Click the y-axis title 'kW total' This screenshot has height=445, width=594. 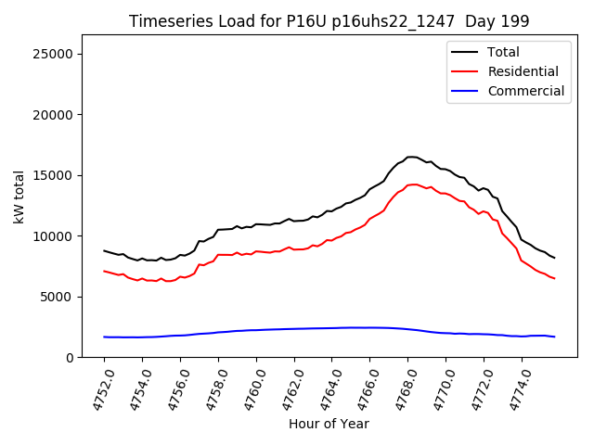pyautogui.click(x=19, y=197)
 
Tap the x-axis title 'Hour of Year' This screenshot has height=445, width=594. pyautogui.click(x=329, y=424)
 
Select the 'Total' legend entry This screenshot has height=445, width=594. pyautogui.click(x=503, y=52)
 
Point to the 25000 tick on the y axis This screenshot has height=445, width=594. pyautogui.click(x=54, y=54)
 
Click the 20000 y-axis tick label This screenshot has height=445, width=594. pyautogui.click(x=54, y=115)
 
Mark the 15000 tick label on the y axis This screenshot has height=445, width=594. pyautogui.click(x=54, y=175)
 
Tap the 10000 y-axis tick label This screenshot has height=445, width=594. pyautogui.click(x=54, y=236)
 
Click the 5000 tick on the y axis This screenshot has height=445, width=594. pyautogui.click(x=58, y=297)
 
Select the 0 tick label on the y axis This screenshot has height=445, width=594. pyautogui.click(x=71, y=358)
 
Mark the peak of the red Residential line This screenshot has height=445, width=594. pyautogui.click(x=415, y=184)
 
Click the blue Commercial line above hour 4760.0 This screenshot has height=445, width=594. pyautogui.click(x=256, y=330)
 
